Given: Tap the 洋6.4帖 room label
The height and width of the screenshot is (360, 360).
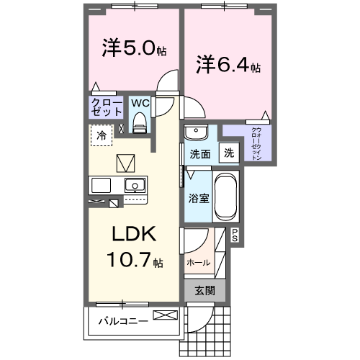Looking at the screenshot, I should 228,66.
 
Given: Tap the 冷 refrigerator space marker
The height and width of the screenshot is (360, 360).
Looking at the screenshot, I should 102,135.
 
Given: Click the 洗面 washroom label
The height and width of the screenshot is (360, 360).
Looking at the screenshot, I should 199,153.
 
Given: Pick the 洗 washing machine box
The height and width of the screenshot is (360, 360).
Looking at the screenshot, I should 228,153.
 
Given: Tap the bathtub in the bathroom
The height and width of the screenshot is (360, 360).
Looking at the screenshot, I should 225,197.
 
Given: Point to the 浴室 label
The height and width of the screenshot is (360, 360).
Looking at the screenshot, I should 199,197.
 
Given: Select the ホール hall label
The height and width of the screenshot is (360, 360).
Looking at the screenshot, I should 198,262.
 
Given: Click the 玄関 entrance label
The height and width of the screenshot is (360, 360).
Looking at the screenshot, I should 204,290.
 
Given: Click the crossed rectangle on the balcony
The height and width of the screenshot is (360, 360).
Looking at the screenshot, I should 164,315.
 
